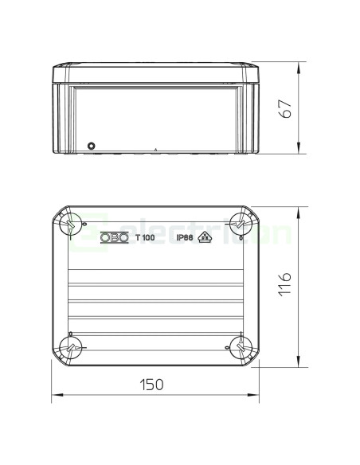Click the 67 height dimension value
[286, 109]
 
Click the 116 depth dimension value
[285, 283]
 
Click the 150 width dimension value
[151, 385]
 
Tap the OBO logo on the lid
[115, 237]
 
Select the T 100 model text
[145, 237]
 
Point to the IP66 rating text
[185, 237]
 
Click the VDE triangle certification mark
[205, 237]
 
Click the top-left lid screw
[71, 225]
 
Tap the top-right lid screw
[241, 225]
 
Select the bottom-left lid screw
[71, 347]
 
